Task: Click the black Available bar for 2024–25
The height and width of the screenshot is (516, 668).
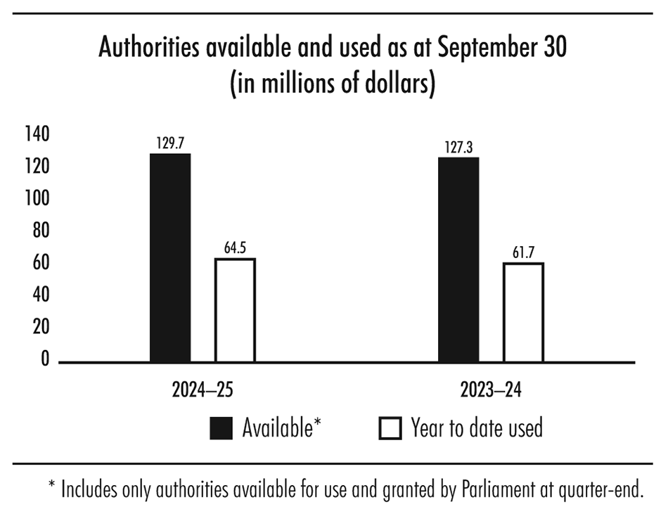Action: point(170,257)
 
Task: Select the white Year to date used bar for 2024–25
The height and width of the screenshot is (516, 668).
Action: point(235,310)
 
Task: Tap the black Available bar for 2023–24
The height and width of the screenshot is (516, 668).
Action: point(458,259)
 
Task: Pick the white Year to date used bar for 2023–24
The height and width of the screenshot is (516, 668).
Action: point(523,312)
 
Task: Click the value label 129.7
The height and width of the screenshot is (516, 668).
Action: point(170,143)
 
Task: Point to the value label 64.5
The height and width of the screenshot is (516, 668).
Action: point(235,248)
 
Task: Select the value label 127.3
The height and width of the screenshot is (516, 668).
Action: point(458,148)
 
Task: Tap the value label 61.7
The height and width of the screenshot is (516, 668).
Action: point(523,252)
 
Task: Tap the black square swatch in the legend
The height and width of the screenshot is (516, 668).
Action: point(221,427)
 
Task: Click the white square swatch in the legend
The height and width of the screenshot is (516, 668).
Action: point(390,427)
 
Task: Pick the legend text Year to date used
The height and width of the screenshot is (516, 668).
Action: point(477,427)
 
